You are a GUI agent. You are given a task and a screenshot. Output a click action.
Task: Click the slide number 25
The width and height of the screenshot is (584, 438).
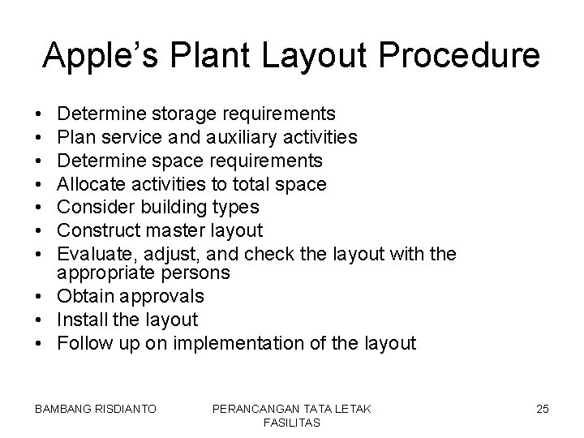point(542,410)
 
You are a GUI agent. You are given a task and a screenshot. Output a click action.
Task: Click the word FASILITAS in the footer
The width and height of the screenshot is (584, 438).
point(292,423)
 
